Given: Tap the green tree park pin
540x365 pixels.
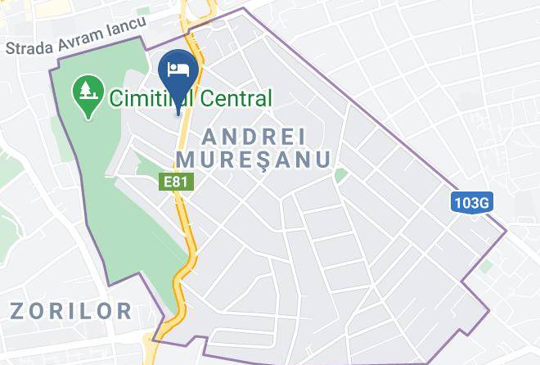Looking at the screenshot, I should pyautogui.click(x=85, y=93).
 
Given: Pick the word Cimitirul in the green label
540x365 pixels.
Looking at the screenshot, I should pyautogui.click(x=151, y=100).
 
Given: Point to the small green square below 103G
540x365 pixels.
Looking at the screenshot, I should pyautogui.click(x=487, y=266).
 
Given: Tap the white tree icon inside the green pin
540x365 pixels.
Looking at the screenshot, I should pyautogui.click(x=85, y=90).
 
